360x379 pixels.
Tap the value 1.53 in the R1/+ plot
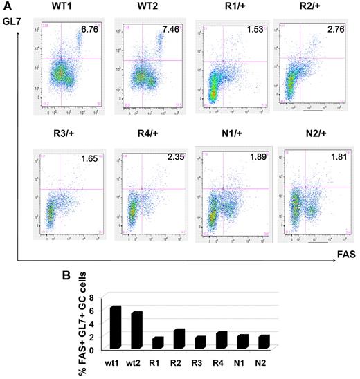pos(250,31)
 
